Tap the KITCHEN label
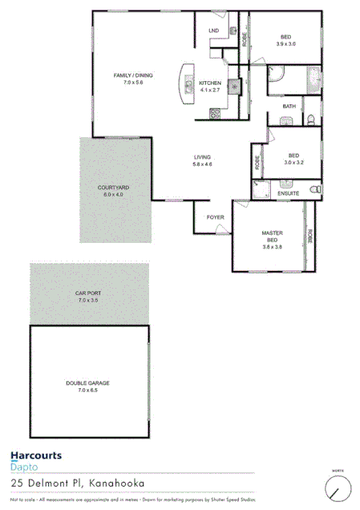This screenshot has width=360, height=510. click(x=210, y=83)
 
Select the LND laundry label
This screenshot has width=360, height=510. click(x=213, y=31)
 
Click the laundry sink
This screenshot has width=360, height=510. click(x=233, y=31)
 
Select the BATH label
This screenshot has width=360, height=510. click(x=289, y=106)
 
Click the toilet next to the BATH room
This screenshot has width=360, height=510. click(x=310, y=120)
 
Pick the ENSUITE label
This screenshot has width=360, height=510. click(x=289, y=193)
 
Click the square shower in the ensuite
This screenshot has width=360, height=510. click(x=261, y=188)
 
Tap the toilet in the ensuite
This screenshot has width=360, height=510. click(x=318, y=189)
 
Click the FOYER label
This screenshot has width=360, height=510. click(x=216, y=217)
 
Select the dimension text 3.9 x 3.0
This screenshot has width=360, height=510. click(x=285, y=43)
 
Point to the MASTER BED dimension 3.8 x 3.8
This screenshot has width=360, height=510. click(x=273, y=247)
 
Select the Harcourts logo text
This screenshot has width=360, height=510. click(x=36, y=455)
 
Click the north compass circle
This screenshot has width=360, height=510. click(x=338, y=488)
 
